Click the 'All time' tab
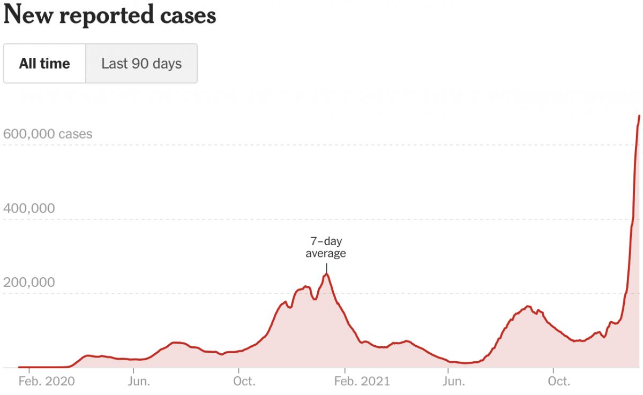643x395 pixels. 44,64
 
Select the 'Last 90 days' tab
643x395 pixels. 141,64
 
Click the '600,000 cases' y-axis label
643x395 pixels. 48,134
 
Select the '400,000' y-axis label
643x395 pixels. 29,208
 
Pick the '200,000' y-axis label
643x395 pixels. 29,282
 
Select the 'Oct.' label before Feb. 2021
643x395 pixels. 244,382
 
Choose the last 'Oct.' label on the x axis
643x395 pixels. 558,382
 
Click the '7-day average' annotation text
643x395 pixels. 326,247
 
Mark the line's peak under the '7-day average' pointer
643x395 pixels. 326,274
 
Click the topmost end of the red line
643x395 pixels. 639,116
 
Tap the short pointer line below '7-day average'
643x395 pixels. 326,267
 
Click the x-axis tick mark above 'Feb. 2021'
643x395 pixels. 345,370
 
